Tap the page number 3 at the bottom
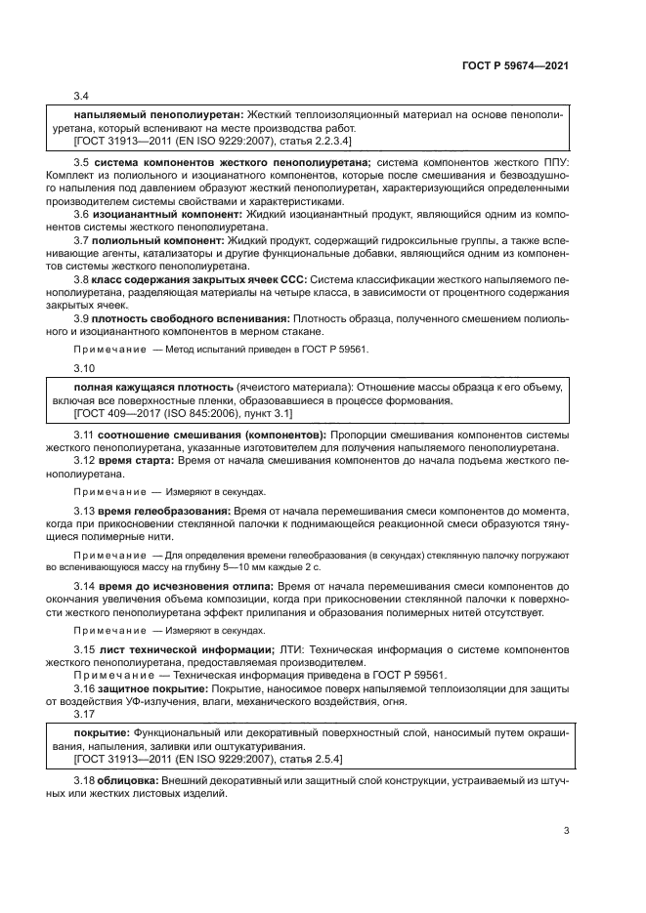pyautogui.click(x=566, y=831)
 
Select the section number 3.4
pyautogui.click(x=82, y=96)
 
